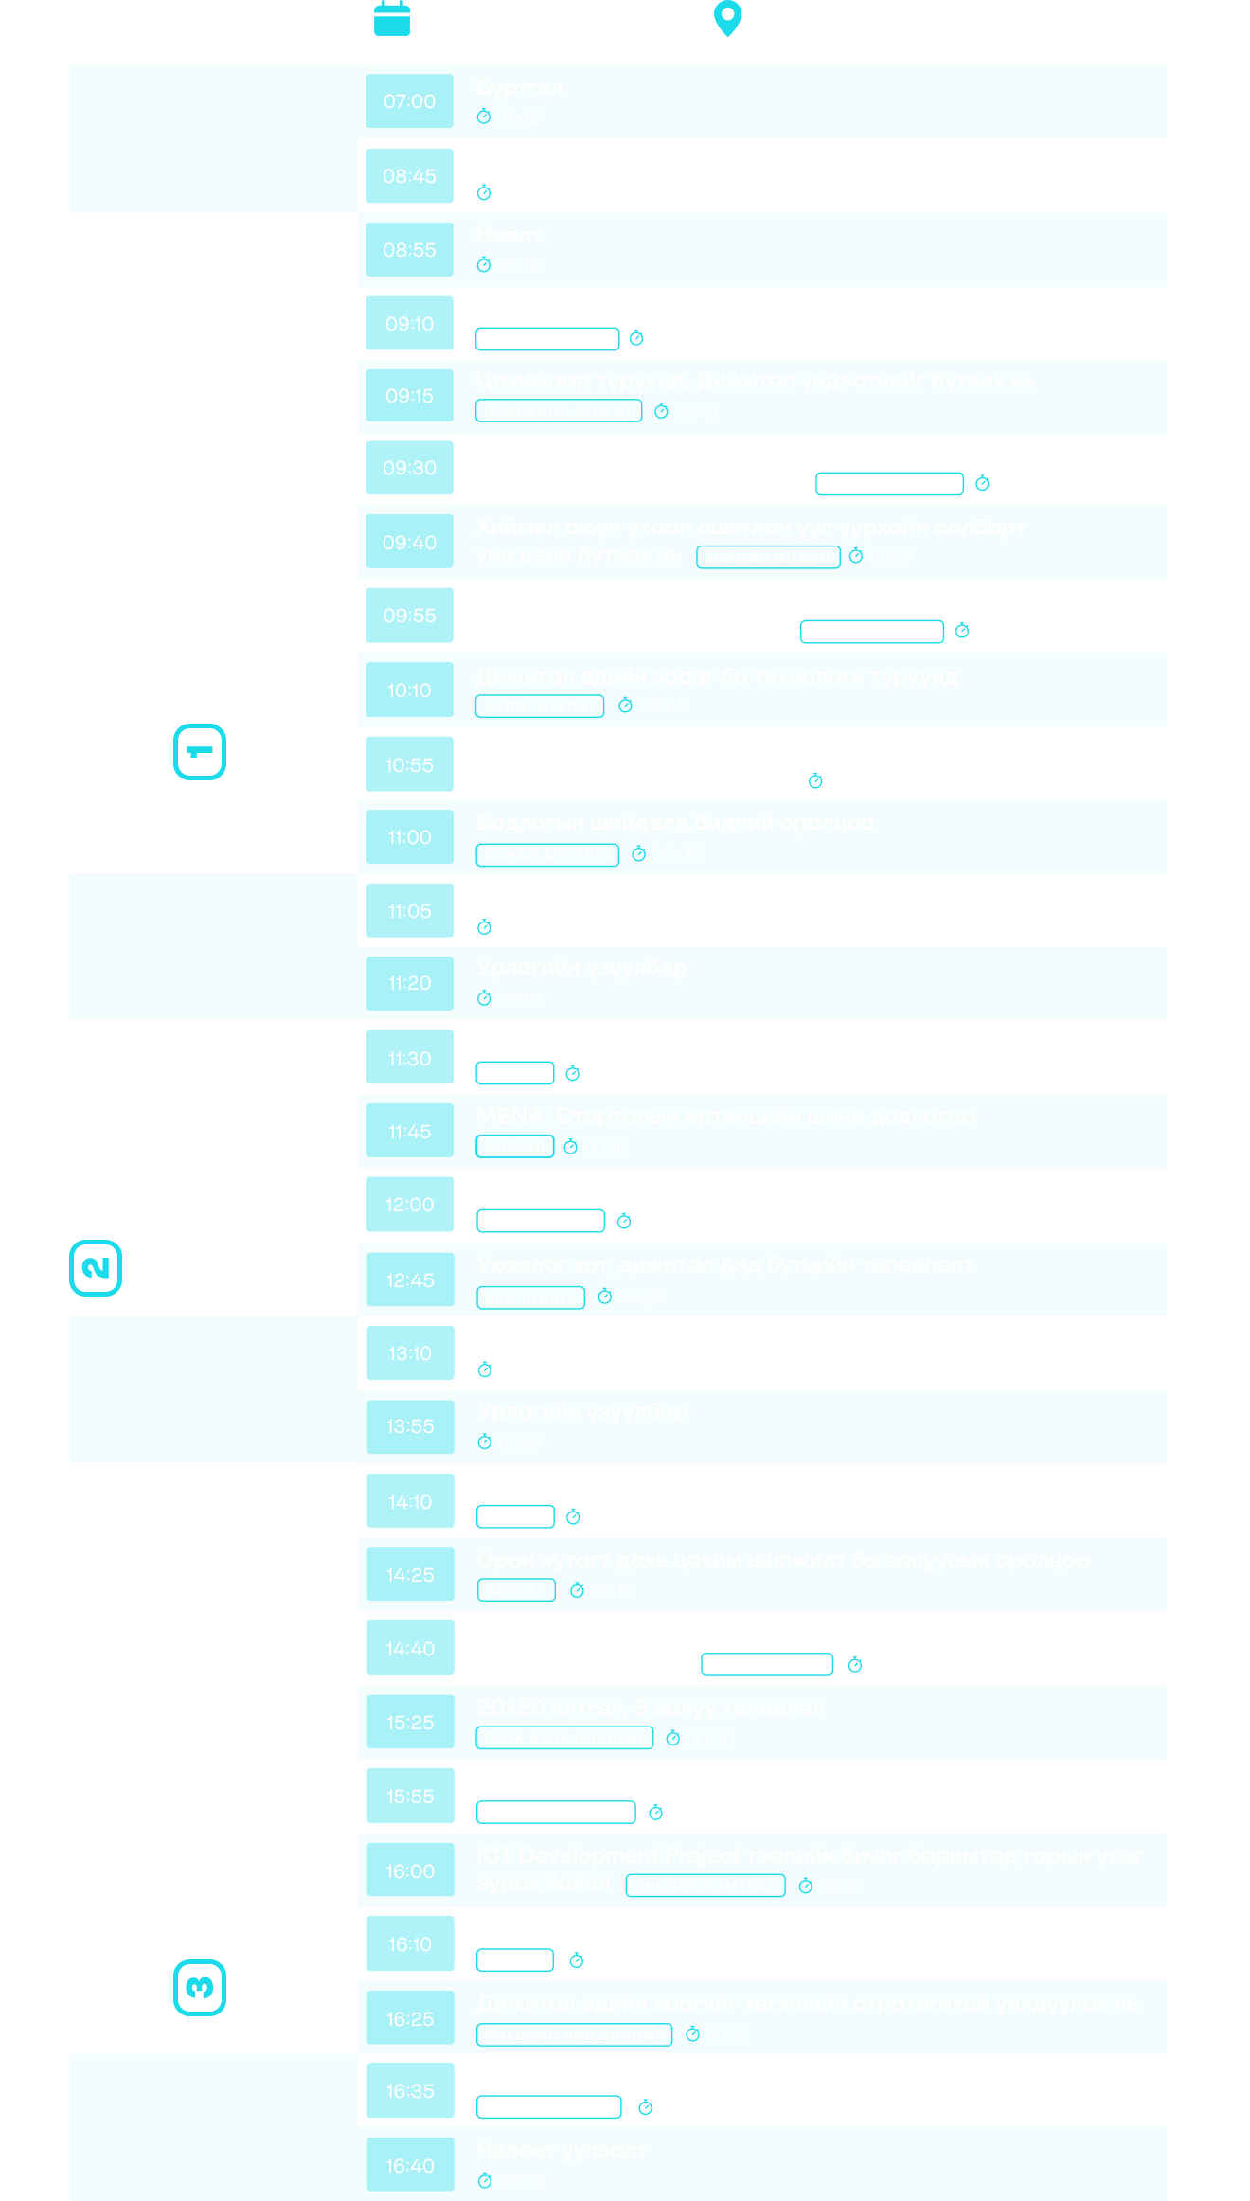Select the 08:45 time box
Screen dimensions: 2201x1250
tap(409, 176)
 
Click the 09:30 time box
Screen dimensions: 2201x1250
tap(409, 468)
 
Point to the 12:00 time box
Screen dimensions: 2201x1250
tap(409, 1205)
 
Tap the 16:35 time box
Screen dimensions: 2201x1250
tap(409, 2091)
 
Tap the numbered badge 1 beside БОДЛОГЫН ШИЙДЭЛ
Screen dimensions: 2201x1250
tap(200, 752)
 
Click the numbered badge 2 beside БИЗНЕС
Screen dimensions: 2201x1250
tap(97, 1267)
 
